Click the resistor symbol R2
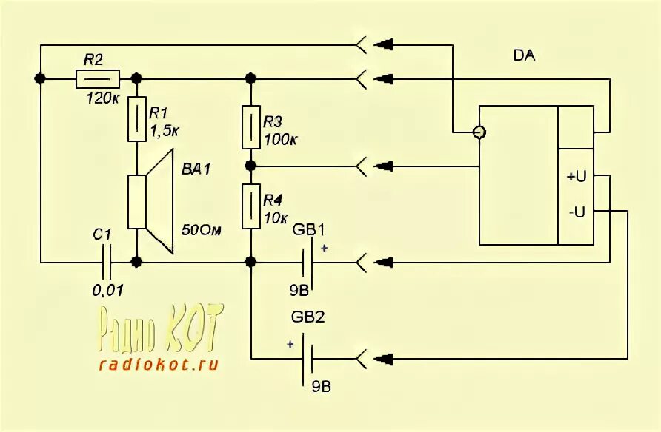98,78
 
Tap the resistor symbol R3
251,126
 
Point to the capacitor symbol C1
109,261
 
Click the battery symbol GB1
308,262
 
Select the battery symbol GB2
308,360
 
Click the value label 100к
281,139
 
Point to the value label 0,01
107,290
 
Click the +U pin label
576,177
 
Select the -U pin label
576,212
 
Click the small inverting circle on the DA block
479,132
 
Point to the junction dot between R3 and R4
251,164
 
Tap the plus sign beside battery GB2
290,344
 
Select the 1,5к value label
165,130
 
